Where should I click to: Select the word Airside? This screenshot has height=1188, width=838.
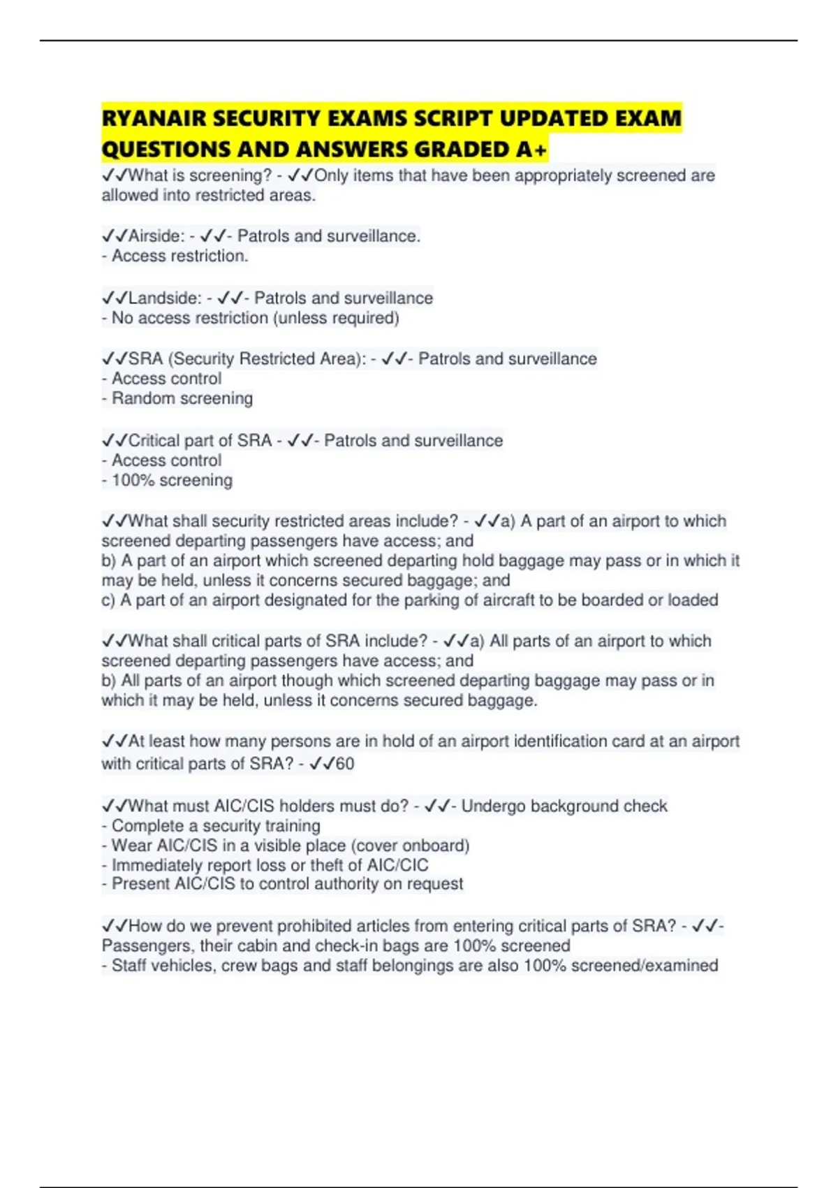pos(156,236)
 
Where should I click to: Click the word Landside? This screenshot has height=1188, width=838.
pos(164,298)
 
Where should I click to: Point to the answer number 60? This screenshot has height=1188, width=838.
pos(345,764)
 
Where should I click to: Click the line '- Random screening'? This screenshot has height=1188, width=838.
pos(177,398)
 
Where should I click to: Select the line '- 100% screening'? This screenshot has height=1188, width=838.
pos(168,481)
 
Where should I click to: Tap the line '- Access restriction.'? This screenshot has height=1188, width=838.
pos(175,256)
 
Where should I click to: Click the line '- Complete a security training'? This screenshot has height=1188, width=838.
pos(211,826)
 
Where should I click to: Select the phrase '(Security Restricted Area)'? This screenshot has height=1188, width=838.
pos(267,359)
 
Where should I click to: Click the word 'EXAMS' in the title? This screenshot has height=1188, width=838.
pos(367,119)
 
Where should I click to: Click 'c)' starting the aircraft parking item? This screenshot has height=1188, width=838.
pos(108,600)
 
